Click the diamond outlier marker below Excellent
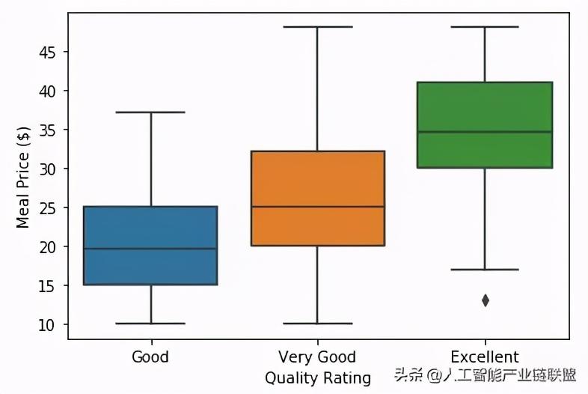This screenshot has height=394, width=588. [x=486, y=300]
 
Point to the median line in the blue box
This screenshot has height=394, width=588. [x=150, y=249]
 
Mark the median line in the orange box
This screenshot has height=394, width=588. [x=317, y=207]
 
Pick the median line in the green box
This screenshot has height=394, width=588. [x=485, y=132]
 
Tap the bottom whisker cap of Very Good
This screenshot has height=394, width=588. [x=317, y=324]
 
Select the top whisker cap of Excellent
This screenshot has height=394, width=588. [x=485, y=27]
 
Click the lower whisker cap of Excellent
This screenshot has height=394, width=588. [x=485, y=270]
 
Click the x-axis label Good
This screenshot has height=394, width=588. [x=150, y=357]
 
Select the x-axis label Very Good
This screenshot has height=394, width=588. [x=317, y=357]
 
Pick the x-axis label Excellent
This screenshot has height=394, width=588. [x=485, y=357]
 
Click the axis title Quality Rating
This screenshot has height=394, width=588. [x=317, y=378]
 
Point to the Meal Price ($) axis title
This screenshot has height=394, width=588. [x=23, y=178]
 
